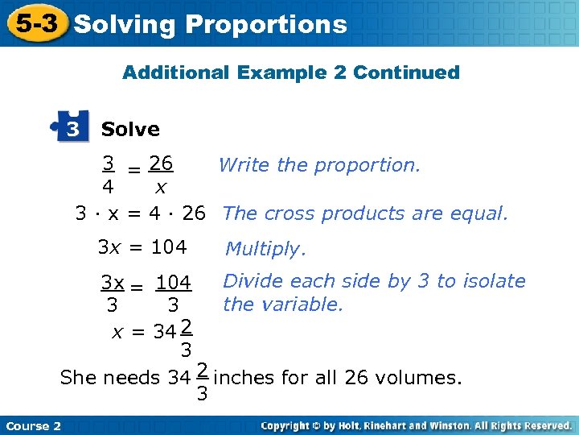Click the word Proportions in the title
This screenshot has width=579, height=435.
click(265, 25)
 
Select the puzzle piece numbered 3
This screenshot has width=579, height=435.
click(71, 129)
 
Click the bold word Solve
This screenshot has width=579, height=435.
click(130, 129)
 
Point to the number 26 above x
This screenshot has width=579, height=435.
click(162, 164)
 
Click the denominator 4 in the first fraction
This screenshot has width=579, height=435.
click(107, 187)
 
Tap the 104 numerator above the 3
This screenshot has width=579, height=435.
click(173, 284)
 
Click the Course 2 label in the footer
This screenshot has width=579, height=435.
click(33, 425)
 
